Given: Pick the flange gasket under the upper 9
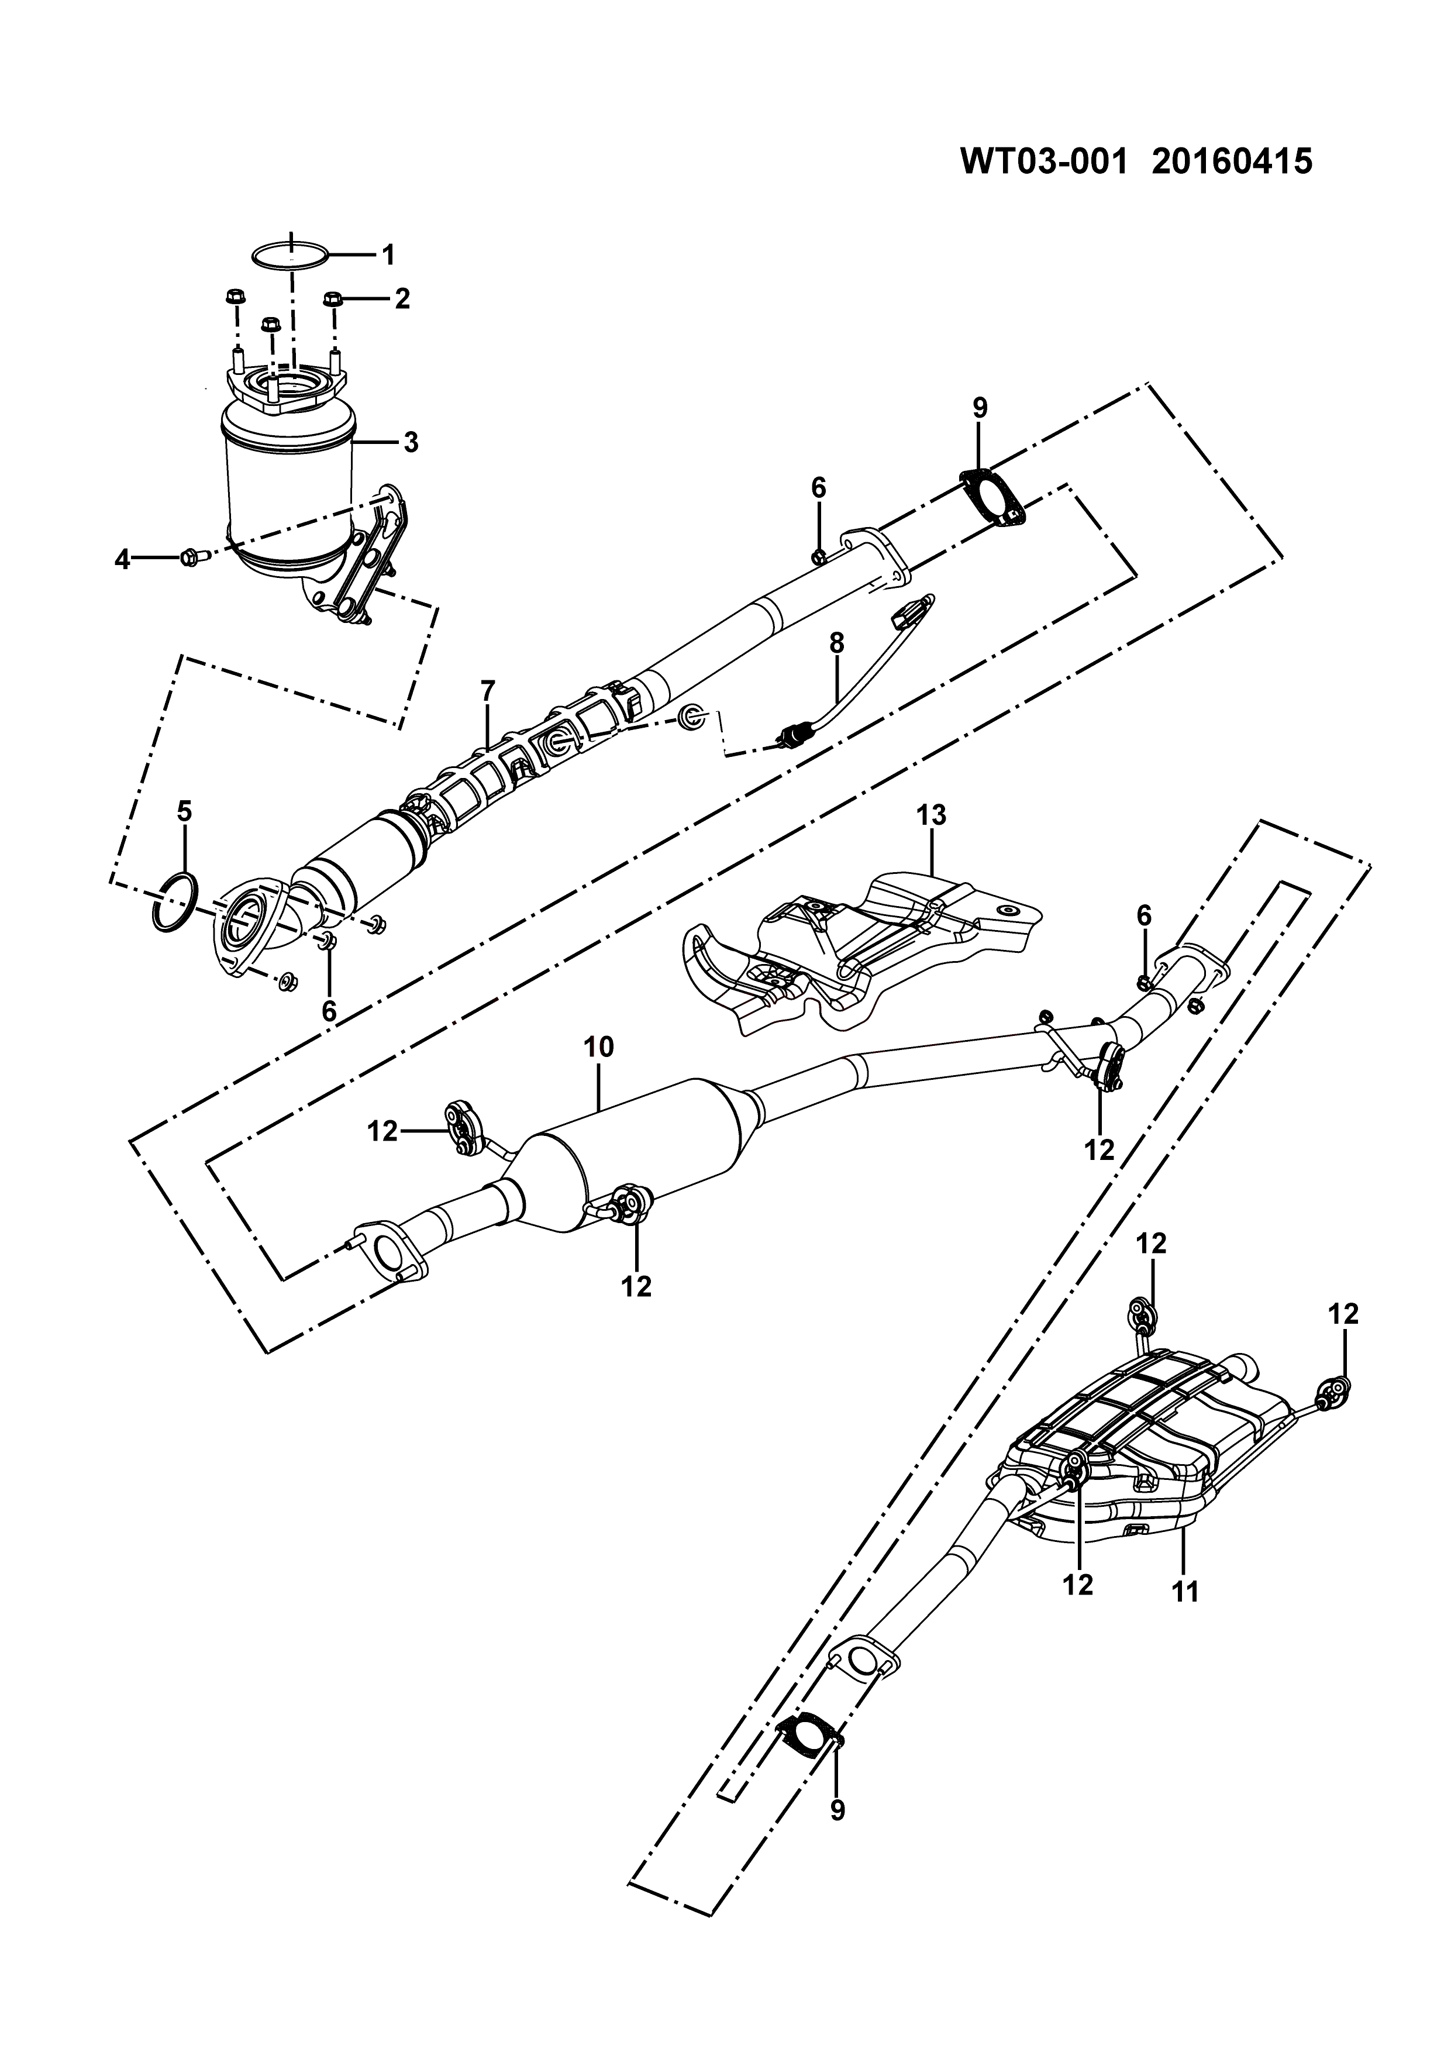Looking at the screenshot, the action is [x=992, y=494].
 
